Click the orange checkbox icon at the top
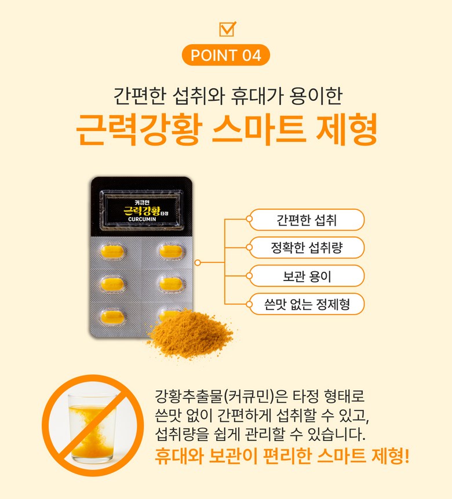227,29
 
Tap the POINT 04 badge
225,55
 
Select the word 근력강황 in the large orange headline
139,129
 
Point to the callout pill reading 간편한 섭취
307,220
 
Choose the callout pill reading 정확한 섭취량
307,247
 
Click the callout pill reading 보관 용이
307,276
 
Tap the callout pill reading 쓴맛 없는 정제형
307,304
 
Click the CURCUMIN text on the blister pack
142,219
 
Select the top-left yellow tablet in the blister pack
112,252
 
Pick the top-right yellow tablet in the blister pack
171,252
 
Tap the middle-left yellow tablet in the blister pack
112,284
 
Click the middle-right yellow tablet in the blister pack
171,284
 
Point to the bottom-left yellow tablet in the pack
112,317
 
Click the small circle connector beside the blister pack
198,263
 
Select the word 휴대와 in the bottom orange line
179,456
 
